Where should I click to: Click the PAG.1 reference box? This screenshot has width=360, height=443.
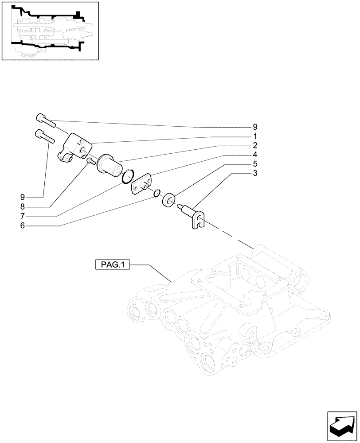coord(112,265)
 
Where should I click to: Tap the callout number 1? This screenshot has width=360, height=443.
coord(255,136)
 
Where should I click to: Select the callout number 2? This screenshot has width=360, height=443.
coord(255,145)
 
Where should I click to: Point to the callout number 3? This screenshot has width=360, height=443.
coord(255,173)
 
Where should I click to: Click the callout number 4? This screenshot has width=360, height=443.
coord(255,155)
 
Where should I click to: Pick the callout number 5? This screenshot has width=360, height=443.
coord(255,164)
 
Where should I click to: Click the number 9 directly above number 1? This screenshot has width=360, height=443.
coord(255,127)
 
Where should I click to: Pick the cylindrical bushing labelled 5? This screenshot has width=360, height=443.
coord(169,199)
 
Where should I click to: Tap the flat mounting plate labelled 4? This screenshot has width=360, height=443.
coord(141,186)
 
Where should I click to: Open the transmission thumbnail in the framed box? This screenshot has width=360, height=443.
coord(50,31)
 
